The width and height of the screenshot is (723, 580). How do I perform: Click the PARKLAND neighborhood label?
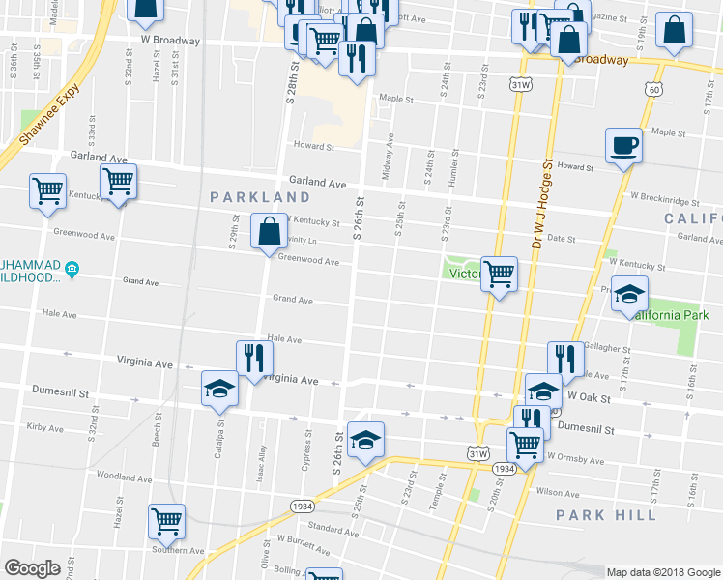coord(261,197)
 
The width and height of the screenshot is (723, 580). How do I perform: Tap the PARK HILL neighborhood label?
coord(606,514)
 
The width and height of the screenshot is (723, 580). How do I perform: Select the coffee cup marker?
coord(622,146)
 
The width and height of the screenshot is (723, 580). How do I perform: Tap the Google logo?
coord(32,568)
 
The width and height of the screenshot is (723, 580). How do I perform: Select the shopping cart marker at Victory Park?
coord(499,274)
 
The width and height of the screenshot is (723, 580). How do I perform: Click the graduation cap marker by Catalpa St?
coord(219,389)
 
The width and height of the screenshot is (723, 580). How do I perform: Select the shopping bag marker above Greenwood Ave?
coord(269,231)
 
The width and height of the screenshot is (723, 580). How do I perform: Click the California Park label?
coord(671,316)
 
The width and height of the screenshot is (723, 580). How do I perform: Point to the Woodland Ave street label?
coord(120,477)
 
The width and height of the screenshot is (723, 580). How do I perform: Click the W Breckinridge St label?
coord(664,202)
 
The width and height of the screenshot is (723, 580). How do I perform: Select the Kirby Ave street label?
coord(44,426)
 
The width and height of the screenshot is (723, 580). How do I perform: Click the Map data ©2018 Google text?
coord(663,572)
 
